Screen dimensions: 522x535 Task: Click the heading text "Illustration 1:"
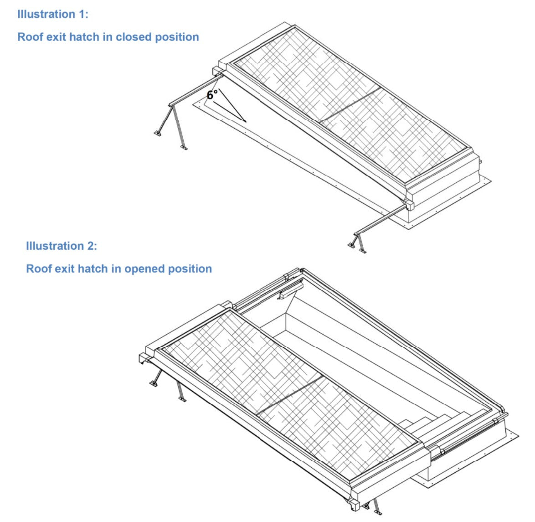52,14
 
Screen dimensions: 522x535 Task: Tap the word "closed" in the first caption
134,37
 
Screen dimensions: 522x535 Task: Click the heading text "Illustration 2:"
62,246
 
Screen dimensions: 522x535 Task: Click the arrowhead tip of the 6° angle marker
246,122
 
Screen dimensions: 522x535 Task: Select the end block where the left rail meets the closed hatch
218,72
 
